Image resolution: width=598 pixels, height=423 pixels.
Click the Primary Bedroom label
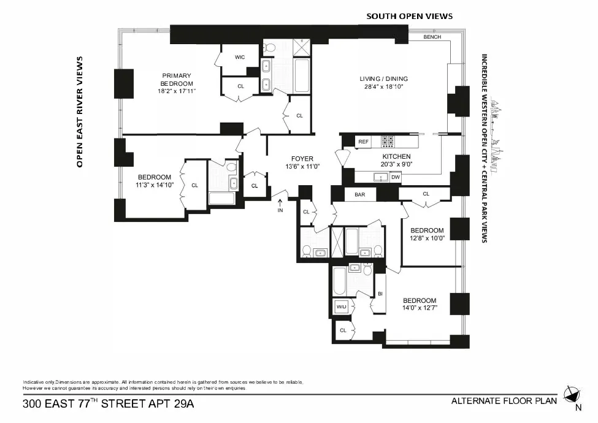(x=177, y=80)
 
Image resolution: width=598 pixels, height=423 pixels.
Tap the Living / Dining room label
(x=383, y=78)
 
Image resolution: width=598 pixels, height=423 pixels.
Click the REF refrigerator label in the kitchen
(x=363, y=142)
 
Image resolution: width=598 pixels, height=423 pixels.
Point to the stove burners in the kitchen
(x=388, y=142)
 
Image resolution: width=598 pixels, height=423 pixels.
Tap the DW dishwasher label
(x=395, y=177)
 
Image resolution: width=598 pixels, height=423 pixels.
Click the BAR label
(x=359, y=195)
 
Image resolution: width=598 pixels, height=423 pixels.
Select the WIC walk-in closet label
(x=240, y=57)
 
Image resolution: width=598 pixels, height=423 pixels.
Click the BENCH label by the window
(x=432, y=37)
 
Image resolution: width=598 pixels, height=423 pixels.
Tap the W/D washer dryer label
(x=341, y=307)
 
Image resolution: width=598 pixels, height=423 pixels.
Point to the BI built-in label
(x=380, y=294)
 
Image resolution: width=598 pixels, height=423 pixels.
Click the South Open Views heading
(x=409, y=16)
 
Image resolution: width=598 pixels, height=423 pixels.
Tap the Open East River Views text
(x=79, y=112)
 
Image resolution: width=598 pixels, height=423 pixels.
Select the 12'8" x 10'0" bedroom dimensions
(x=427, y=238)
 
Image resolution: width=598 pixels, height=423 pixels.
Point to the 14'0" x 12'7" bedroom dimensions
(x=420, y=308)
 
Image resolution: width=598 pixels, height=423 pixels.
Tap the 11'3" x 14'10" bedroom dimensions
(x=155, y=185)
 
